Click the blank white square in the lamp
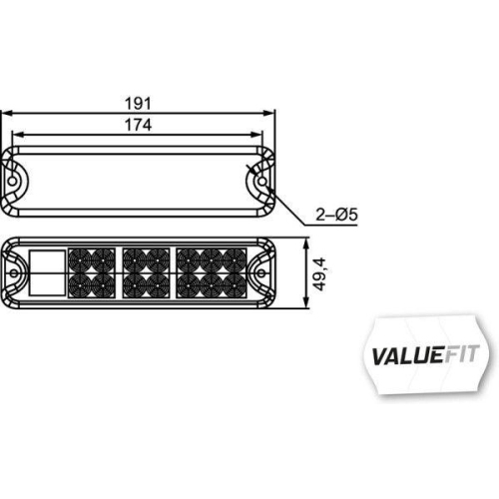pos(48,272)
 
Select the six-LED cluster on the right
pos(211,272)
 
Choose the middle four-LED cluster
pos(145,272)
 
